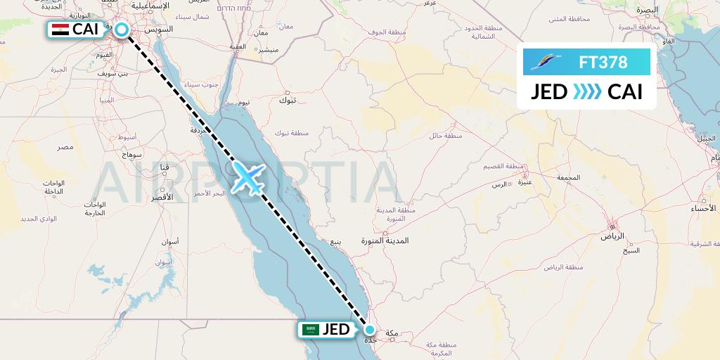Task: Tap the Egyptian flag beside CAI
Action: [x=60, y=30]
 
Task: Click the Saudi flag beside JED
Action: [x=310, y=329]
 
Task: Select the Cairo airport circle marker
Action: [x=122, y=30]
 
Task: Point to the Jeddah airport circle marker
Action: [x=368, y=329]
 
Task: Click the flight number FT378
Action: [x=603, y=62]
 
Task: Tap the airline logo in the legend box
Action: [x=546, y=63]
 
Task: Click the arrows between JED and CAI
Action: [x=587, y=92]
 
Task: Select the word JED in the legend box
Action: [x=549, y=92]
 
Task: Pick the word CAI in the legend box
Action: [x=625, y=92]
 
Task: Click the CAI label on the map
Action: [x=85, y=30]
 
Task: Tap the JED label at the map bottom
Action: [x=335, y=329]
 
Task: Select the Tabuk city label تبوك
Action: [x=288, y=100]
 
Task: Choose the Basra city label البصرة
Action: [x=645, y=11]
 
